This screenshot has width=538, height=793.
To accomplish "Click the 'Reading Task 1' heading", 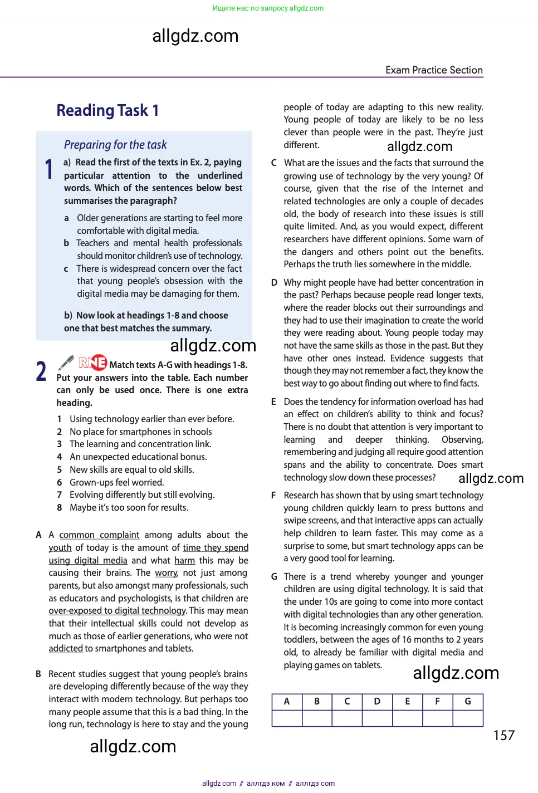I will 107,110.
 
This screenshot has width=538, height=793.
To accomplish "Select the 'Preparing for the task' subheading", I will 115,145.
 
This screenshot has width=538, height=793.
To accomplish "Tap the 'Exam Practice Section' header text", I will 434,70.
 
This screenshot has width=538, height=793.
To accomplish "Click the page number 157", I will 503,736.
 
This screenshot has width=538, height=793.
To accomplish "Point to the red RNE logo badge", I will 92,363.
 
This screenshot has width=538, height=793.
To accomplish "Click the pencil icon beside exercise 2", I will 66,363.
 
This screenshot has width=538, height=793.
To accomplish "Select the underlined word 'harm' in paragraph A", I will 184,560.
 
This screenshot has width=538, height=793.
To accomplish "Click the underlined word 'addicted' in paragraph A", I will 66,648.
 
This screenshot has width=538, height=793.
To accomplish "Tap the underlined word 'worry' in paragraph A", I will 166,573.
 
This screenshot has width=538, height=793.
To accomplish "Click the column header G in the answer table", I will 468,702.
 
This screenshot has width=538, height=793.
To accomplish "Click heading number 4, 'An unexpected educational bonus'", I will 138,457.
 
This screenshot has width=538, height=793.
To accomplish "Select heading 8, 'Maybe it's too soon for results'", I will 129,507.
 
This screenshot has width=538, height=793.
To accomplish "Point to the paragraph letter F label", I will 273,495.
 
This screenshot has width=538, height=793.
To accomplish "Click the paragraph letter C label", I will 273,163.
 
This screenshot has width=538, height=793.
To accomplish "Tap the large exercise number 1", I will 49,169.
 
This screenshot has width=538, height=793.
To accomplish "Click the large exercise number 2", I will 41,371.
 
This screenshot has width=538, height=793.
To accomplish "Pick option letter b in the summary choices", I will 66,243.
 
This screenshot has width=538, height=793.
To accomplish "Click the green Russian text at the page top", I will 268,8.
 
